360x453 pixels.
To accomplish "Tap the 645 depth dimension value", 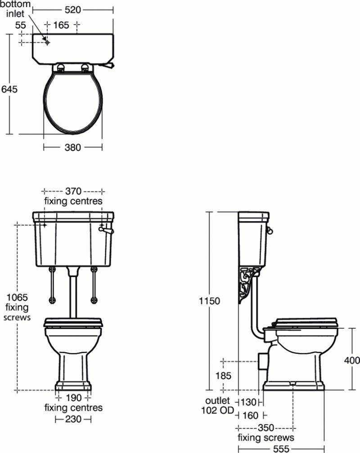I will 9,89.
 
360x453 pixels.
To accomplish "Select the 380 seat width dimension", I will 72,147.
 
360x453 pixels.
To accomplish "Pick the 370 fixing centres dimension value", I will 72,190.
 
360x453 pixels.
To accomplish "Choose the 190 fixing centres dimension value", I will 73,398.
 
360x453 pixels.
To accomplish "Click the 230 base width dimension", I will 73,419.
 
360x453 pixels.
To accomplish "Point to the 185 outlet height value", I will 223,375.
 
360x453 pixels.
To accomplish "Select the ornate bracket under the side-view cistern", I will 246,285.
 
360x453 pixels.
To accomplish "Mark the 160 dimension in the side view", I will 250,415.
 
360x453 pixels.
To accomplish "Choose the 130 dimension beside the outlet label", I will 248,401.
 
